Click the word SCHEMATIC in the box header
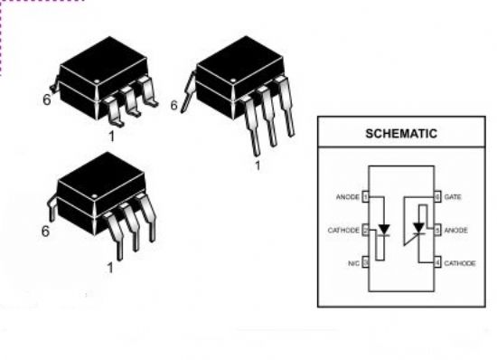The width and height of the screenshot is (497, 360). [x=401, y=134]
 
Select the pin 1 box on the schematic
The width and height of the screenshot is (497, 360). [x=365, y=197]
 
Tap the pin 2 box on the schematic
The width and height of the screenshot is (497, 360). [x=365, y=230]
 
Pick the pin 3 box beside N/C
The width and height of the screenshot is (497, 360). [x=365, y=262]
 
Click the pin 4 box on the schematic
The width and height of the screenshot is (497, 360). [x=437, y=262]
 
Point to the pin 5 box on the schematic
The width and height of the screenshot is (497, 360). [x=437, y=230]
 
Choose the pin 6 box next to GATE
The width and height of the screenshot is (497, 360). [x=437, y=197]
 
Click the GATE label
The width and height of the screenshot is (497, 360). [x=453, y=197]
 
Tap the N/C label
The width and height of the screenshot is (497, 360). [x=353, y=263]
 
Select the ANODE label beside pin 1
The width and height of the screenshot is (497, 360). [x=348, y=197]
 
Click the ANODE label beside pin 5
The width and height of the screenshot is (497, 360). [x=455, y=231]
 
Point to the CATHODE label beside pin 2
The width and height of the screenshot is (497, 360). [x=343, y=231]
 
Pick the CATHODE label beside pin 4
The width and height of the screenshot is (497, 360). [x=460, y=263]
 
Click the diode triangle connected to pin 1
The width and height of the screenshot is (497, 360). [x=384, y=229]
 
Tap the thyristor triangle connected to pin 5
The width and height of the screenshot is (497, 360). [x=419, y=228]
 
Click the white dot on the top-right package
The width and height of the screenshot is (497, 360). [x=234, y=81]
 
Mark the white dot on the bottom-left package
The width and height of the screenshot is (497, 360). [x=95, y=196]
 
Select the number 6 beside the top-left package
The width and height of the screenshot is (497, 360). [x=47, y=99]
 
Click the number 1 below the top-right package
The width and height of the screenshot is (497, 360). [x=258, y=166]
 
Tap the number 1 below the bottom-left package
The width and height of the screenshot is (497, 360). [x=110, y=268]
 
